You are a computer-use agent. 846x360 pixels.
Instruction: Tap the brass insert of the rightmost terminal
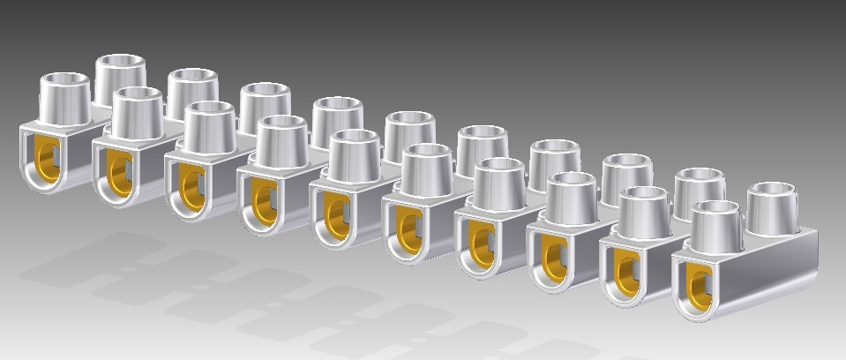coord(700,285)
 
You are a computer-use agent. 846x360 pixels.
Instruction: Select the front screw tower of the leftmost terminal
coord(65,99)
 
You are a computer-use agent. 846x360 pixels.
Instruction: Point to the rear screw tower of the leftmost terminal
coord(121,78)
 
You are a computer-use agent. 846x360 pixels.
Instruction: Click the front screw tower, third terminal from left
coord(210,126)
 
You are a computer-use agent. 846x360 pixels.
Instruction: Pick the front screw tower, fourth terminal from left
coord(282,140)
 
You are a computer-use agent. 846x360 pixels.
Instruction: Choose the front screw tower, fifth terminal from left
coord(355,154)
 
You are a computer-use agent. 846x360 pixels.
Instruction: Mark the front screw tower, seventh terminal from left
coord(499,183)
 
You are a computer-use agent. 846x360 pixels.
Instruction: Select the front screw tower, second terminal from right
coord(643,212)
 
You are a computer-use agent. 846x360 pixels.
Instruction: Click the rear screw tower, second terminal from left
coord(193,91)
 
